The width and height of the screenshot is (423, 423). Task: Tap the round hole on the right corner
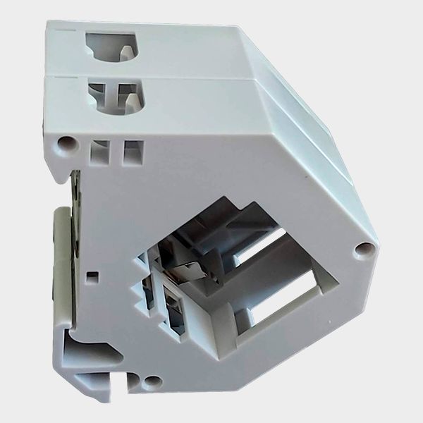point(364,249)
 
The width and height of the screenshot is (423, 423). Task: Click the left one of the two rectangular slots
point(99,151)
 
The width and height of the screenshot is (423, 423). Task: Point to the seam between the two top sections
point(141,73)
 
